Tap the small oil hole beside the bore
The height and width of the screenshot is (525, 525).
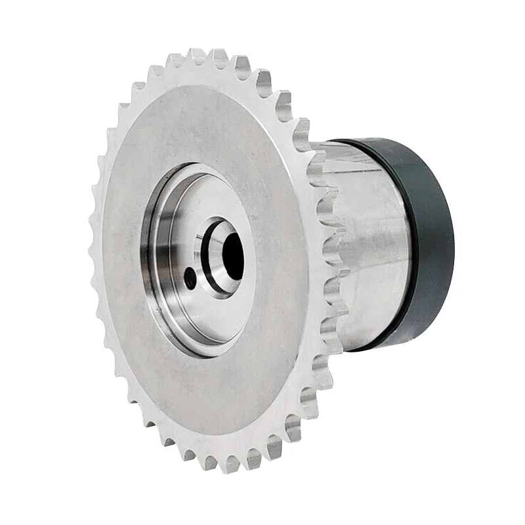click(x=190, y=278)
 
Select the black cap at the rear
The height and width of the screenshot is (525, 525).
click(x=420, y=243)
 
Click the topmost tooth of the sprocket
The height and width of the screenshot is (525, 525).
click(x=197, y=56)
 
